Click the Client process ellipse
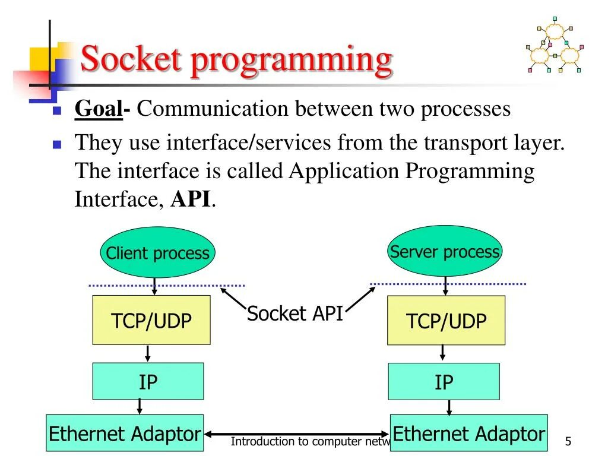(157, 253)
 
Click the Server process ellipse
(445, 251)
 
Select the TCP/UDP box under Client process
(151, 321)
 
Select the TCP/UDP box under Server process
(446, 321)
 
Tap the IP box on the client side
(148, 381)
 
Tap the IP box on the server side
(444, 381)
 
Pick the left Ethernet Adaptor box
(125, 433)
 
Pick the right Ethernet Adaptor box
(468, 433)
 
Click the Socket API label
(295, 313)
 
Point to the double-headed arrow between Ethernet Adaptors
(297, 434)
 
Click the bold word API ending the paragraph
(191, 199)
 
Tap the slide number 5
(568, 442)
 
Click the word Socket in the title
(131, 59)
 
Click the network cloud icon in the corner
(553, 47)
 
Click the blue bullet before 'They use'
(57, 144)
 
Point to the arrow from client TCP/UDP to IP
(148, 353)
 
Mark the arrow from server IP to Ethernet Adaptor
(449, 407)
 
